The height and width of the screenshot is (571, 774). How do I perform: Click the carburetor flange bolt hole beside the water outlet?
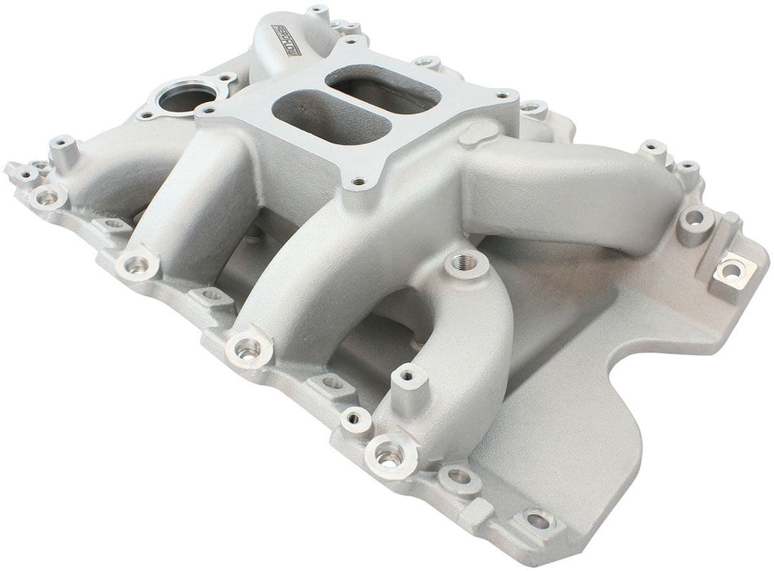click(210, 111)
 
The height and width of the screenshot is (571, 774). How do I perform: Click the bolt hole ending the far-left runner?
click(137, 264)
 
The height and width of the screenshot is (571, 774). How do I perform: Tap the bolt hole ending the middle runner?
click(247, 348)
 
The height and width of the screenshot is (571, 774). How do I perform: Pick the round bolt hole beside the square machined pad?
click(695, 218)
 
